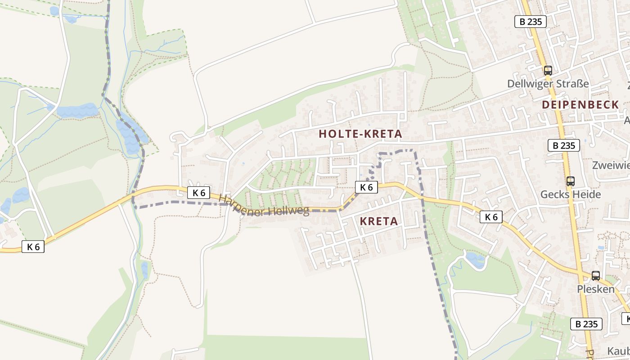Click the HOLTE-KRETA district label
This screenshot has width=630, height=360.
(360, 134)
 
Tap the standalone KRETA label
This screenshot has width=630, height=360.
(379, 221)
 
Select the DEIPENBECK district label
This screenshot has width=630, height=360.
(580, 105)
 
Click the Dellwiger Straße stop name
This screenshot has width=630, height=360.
(548, 84)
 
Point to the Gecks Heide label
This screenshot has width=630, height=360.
(570, 194)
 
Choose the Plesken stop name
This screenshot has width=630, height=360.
(595, 289)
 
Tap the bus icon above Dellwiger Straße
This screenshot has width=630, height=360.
(548, 70)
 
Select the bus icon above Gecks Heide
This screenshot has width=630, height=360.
(570, 181)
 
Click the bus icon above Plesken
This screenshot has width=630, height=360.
(595, 275)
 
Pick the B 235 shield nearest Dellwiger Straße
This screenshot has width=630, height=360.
(530, 22)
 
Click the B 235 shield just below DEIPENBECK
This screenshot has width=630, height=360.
(563, 145)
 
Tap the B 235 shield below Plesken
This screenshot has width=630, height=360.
(586, 324)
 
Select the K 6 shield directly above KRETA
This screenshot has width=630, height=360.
(366, 187)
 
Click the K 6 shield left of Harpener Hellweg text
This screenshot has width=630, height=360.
(198, 193)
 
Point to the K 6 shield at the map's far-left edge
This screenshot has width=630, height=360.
(33, 247)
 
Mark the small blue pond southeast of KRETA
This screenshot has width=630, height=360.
(476, 260)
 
